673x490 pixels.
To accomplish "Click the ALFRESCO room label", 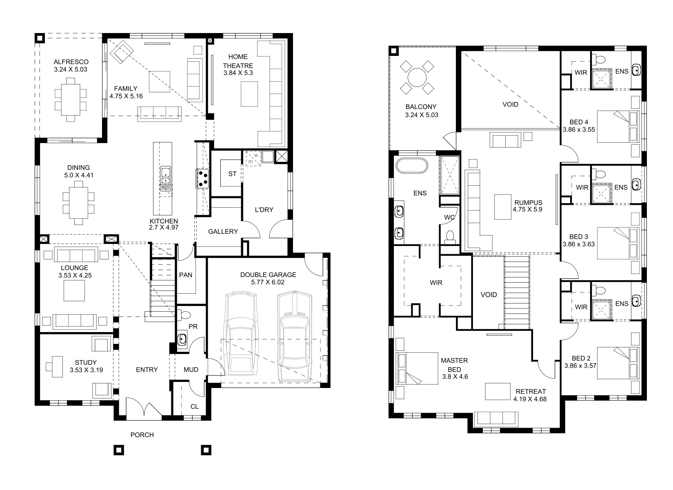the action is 71,62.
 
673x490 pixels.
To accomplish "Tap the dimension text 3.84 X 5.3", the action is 238,73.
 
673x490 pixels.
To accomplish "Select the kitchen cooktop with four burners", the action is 202,179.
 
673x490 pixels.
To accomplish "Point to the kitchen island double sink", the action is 166,179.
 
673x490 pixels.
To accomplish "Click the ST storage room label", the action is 232,174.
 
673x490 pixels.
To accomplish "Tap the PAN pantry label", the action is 186,275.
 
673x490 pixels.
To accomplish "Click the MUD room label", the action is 191,370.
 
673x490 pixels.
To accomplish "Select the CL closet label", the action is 195,406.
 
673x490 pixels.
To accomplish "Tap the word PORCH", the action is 142,435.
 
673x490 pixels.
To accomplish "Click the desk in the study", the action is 57,366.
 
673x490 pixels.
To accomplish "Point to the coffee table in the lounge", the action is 74,291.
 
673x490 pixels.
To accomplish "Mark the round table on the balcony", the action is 417,77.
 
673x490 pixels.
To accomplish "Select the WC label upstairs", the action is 449,217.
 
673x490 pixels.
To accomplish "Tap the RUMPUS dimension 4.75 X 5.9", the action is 528,209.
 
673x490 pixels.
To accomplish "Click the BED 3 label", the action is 579,237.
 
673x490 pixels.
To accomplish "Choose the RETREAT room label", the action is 531,391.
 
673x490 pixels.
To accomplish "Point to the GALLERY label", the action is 223,231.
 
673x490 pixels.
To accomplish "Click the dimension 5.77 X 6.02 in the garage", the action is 268,282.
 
